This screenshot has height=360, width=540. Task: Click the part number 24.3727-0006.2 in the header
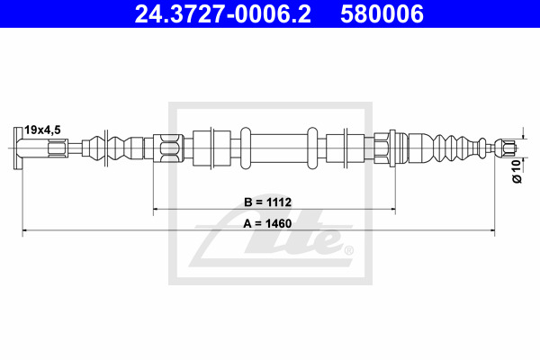click(x=222, y=13)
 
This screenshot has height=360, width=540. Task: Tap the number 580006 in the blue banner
click(x=382, y=13)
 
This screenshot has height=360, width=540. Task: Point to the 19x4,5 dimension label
click(x=42, y=130)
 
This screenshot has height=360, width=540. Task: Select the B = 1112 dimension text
click(x=267, y=202)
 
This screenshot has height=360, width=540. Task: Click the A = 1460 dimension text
click(x=267, y=223)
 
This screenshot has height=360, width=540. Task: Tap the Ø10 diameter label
click(x=517, y=171)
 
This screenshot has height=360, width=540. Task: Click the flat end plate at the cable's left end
click(x=18, y=148)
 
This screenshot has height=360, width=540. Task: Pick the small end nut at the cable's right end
click(x=507, y=148)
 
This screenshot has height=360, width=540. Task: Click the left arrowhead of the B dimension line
click(x=156, y=209)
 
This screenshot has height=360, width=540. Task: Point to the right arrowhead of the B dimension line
click(x=392, y=209)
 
